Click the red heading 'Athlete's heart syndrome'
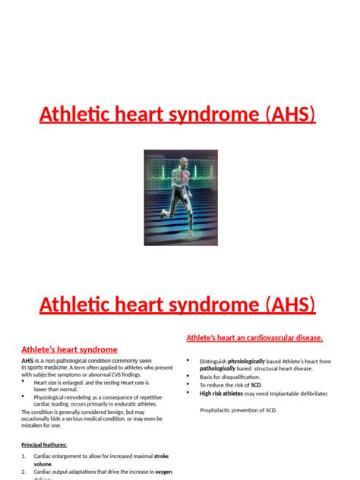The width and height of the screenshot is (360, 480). click(x=69, y=349)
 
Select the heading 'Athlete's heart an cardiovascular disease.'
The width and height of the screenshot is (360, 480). click(x=254, y=337)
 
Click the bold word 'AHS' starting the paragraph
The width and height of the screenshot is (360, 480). click(x=27, y=360)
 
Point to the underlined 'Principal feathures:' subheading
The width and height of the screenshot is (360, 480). click(x=44, y=444)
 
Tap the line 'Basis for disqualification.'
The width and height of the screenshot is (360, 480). click(x=230, y=377)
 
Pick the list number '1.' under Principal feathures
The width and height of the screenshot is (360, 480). click(x=24, y=456)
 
